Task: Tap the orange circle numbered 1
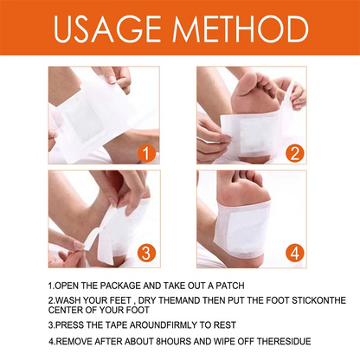(x=145, y=155)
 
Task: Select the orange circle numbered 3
(x=145, y=254)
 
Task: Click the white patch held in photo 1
(x=87, y=121)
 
